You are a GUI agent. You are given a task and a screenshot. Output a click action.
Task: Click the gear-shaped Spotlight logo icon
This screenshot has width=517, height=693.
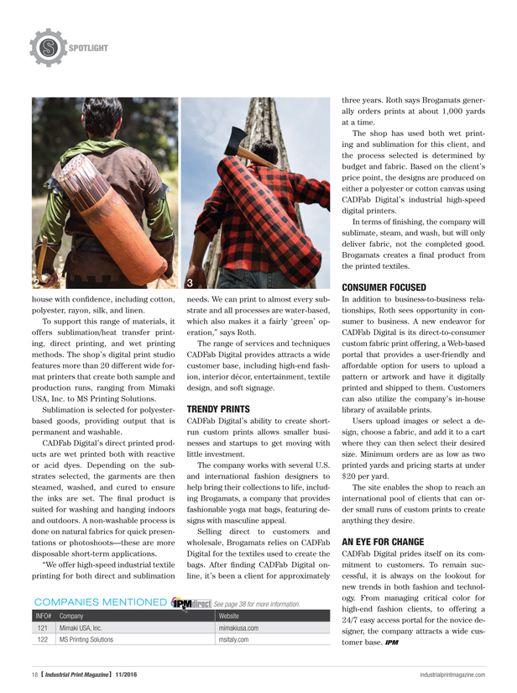tap(48, 47)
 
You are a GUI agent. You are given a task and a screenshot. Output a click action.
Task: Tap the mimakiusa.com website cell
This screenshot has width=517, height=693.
tap(238, 627)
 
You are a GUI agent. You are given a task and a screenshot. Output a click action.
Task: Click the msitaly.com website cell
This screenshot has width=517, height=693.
tap(232, 640)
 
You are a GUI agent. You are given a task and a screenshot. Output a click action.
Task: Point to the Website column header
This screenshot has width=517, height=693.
tap(230, 615)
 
